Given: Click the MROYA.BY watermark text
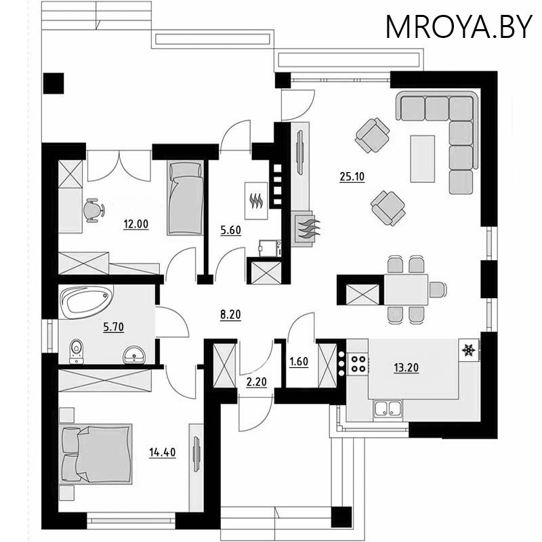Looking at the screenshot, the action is (459, 27).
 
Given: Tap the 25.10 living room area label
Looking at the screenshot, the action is (352, 177).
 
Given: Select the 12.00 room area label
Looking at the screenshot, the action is (136, 224).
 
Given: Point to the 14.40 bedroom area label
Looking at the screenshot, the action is (163, 452).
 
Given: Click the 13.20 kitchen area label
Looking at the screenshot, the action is (406, 367).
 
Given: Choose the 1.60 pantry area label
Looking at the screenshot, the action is (299, 362).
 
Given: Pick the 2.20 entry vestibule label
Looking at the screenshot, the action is (257, 381).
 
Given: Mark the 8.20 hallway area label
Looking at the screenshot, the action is (230, 315).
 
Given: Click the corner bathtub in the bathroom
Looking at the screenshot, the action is (87, 301).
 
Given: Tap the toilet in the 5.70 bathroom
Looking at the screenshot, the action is (77, 351).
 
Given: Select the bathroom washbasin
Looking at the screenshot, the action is (134, 354).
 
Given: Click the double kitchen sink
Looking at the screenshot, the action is (388, 409).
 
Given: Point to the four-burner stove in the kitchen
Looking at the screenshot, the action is (358, 364).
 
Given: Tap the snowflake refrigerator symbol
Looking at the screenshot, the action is (469, 350).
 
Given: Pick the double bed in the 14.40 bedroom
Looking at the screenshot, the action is (96, 454).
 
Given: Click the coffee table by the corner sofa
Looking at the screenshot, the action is (422, 159).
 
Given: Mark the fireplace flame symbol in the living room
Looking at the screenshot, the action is (308, 228).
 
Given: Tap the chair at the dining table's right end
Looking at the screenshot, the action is (437, 289).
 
